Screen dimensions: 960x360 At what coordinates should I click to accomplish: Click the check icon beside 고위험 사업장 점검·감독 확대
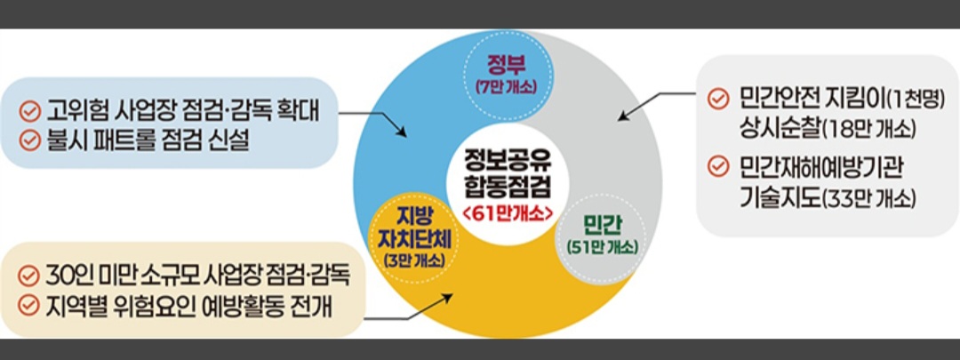click(x=30, y=113)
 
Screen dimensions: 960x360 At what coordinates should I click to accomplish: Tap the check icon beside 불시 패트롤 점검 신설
click(x=30, y=140)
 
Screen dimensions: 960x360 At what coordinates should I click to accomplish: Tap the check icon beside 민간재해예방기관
click(x=717, y=167)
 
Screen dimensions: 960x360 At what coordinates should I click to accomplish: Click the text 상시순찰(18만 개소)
click(x=827, y=127)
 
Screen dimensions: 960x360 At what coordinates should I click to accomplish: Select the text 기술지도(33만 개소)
click(x=827, y=196)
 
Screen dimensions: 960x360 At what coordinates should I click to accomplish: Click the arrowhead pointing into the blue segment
click(x=402, y=133)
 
